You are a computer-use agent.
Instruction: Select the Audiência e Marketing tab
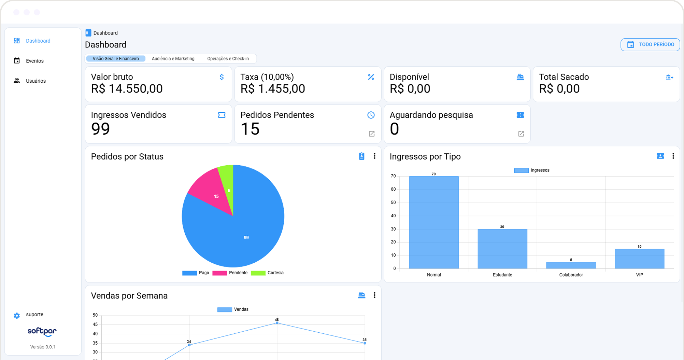pos(173,59)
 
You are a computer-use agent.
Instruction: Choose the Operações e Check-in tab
pos(228,59)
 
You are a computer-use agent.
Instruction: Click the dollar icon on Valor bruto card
pos(222,77)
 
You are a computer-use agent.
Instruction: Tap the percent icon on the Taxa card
pos(371,77)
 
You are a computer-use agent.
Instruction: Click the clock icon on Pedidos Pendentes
pos(371,115)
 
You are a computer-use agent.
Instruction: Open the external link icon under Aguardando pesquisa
pos(521,134)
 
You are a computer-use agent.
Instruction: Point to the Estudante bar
pos(502,249)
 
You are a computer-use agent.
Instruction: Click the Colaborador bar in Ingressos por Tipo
pos(571,265)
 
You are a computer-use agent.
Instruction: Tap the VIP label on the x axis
pos(640,275)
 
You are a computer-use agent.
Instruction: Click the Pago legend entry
pos(196,273)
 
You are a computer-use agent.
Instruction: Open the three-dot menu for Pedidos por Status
pos(374,156)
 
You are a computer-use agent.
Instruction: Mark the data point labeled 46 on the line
pos(277,323)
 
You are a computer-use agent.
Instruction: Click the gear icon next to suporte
pos(17,316)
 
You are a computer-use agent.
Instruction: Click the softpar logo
pos(42,332)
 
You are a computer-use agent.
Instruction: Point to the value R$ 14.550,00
pos(127,89)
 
